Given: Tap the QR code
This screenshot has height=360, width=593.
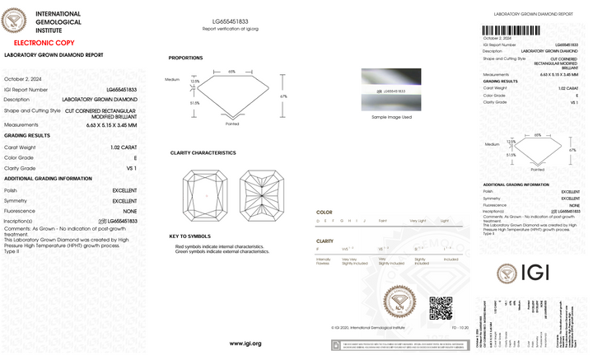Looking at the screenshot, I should coord(441,308).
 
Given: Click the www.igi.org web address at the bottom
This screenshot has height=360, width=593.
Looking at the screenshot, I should coord(245,343).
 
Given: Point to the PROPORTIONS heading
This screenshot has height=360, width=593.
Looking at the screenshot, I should coord(185,58).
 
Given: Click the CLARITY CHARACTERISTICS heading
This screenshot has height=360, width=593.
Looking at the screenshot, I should coord(203,153).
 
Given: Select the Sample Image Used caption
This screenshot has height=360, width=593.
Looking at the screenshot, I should coord(391,117).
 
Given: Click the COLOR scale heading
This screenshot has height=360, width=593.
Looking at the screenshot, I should coord(325,212).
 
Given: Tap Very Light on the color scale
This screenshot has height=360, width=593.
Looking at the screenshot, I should coord(418,221).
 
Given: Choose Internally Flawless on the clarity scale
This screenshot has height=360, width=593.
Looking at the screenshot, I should coord(323,261).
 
